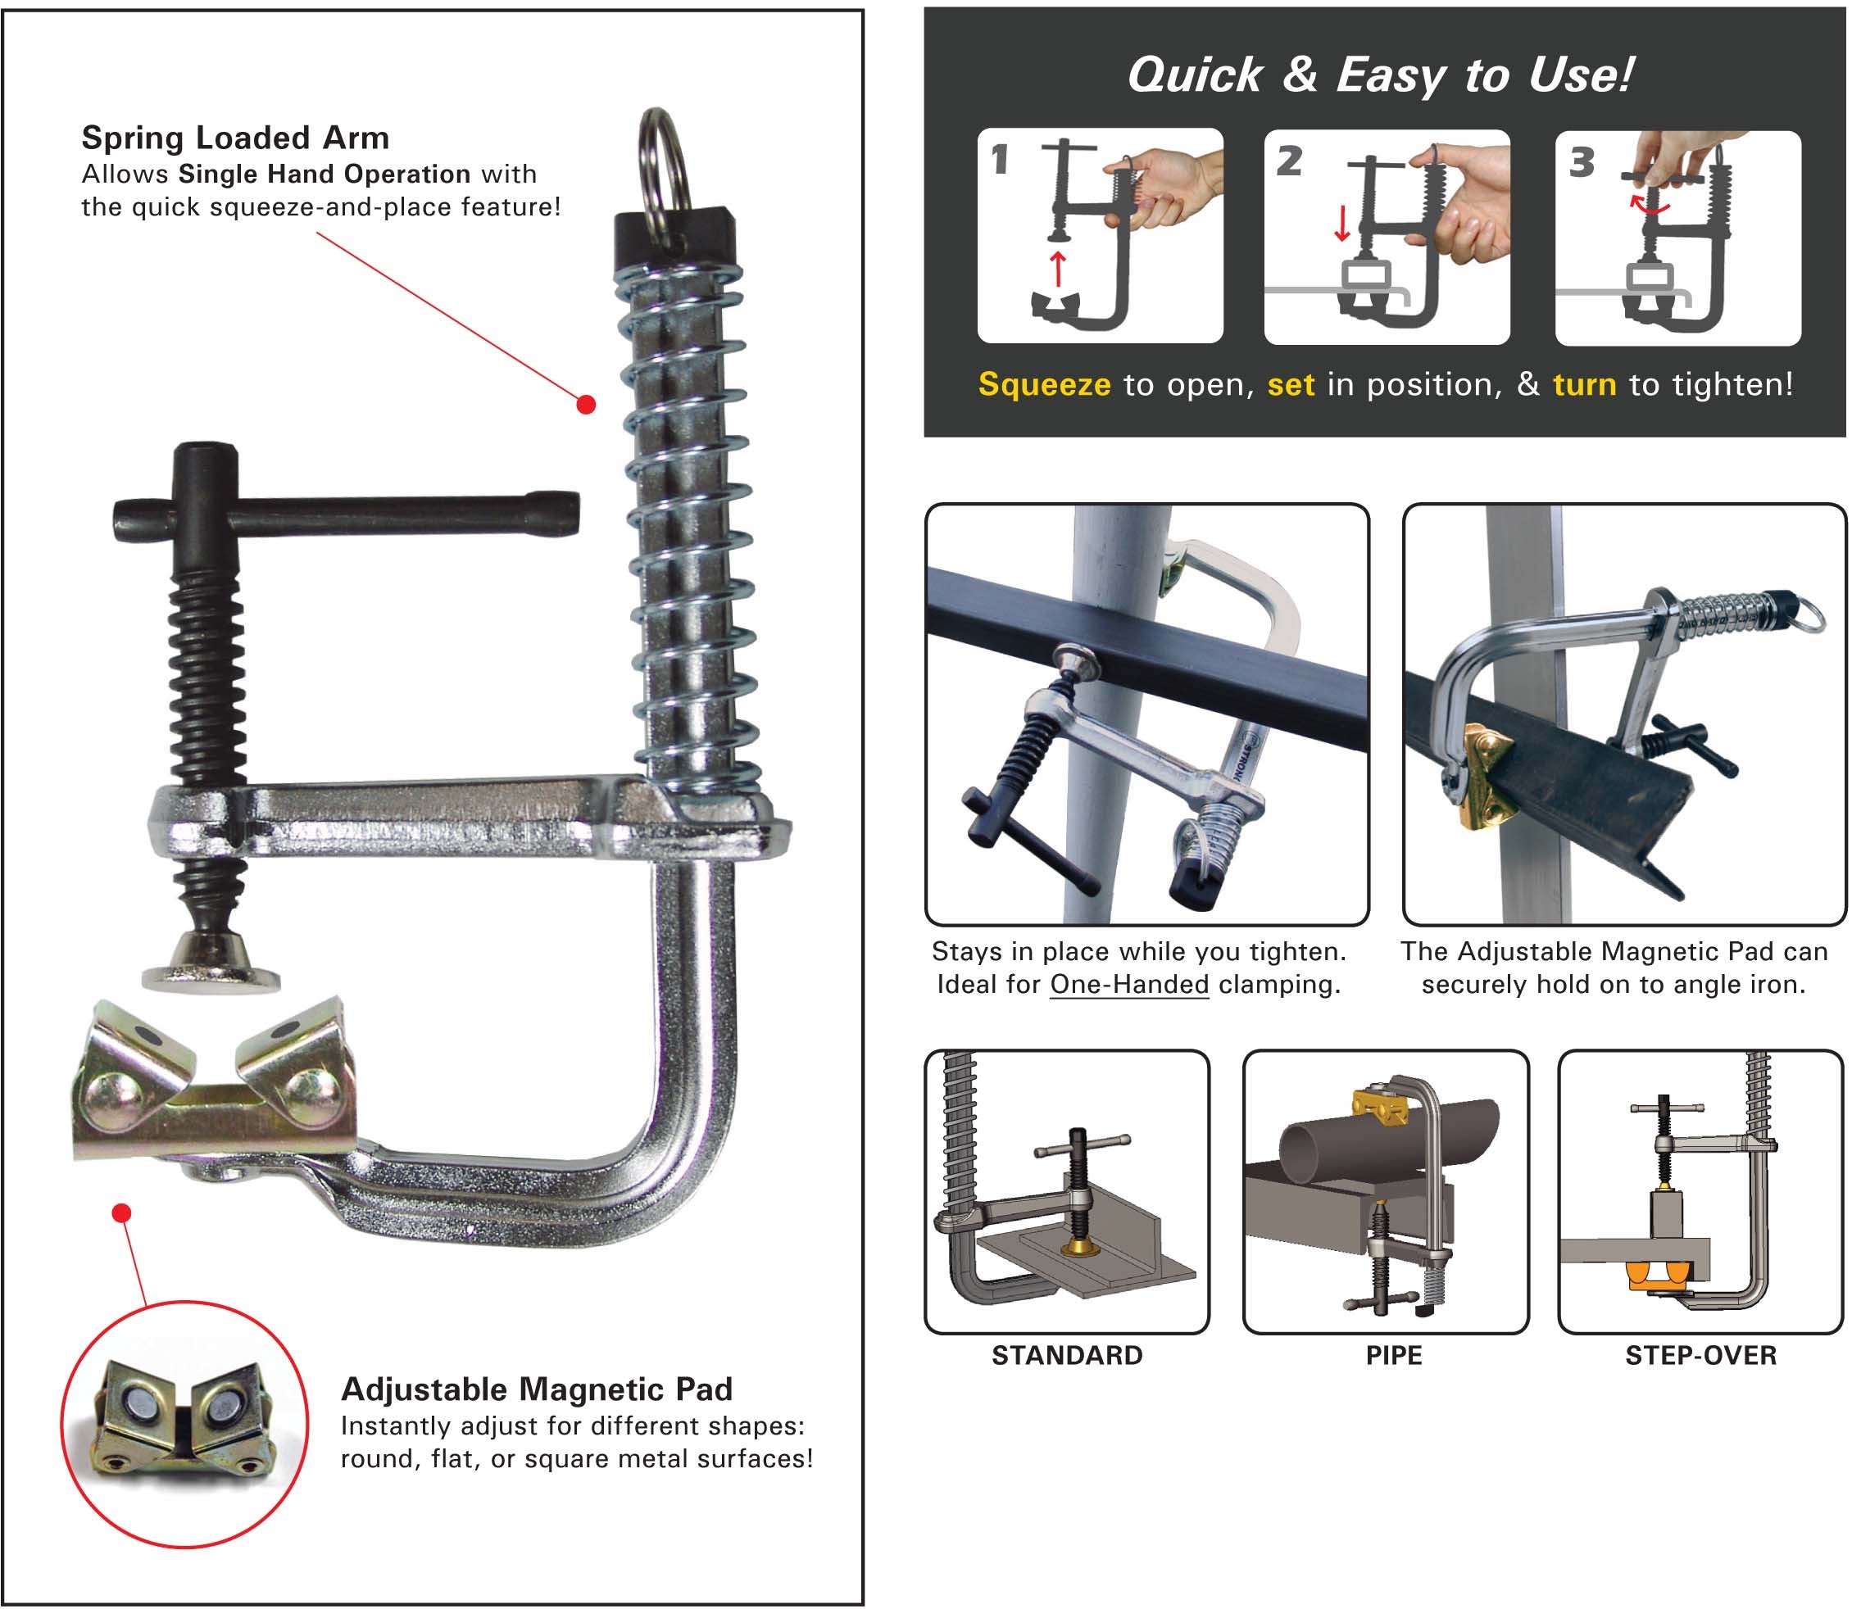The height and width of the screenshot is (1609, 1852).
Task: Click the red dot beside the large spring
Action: (586, 405)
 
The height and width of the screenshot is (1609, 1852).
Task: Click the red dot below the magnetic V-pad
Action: (122, 1213)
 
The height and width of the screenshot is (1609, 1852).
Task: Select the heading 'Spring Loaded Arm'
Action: (235, 138)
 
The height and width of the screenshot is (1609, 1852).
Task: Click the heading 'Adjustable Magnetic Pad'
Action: (536, 1389)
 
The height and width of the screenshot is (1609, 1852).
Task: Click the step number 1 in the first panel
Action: (1000, 161)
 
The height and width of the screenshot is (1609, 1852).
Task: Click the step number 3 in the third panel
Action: (1581, 162)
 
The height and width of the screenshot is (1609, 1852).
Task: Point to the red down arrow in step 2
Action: (1341, 224)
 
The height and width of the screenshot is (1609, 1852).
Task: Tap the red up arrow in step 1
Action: (1058, 269)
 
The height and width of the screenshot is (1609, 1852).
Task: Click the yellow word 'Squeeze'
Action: (1044, 384)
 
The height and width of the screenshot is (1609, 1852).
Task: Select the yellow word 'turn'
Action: (1583, 384)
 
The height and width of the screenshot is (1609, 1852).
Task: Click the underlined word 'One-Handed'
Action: (1129, 985)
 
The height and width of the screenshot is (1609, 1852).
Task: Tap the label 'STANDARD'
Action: (1067, 1355)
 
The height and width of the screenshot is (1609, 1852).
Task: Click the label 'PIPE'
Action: (1394, 1355)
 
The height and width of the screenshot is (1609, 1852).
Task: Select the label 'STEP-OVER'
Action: (1700, 1355)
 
